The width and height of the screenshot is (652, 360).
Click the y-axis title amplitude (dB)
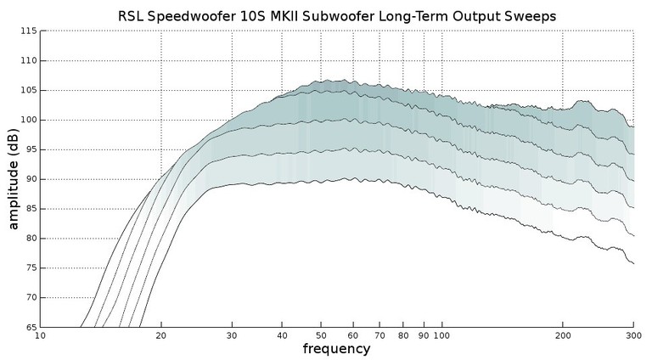14,179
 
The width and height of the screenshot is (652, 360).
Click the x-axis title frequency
336,349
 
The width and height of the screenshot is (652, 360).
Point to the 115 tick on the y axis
29,31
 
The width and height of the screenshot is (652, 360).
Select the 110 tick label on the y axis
29,60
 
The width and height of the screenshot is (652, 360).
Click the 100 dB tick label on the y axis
29,120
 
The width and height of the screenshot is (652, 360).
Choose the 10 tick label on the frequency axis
40,336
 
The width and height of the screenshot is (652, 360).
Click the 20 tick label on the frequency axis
161,336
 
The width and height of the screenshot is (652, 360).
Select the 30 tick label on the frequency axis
232,336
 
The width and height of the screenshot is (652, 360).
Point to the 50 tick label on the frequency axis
321,336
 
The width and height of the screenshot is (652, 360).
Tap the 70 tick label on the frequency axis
379,336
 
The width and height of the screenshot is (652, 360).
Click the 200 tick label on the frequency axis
562,336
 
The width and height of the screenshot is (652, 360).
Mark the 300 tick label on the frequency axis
632,336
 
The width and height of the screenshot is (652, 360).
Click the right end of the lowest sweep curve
632,263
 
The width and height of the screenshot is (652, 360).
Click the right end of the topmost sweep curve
632,126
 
